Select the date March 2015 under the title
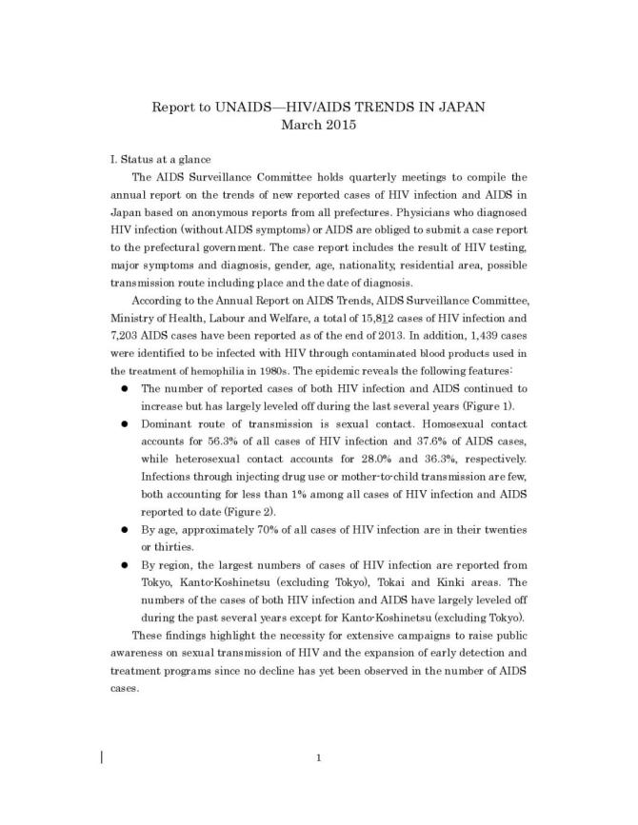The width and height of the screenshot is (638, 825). tap(319, 124)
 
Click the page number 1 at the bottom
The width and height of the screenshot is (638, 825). tap(319, 757)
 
